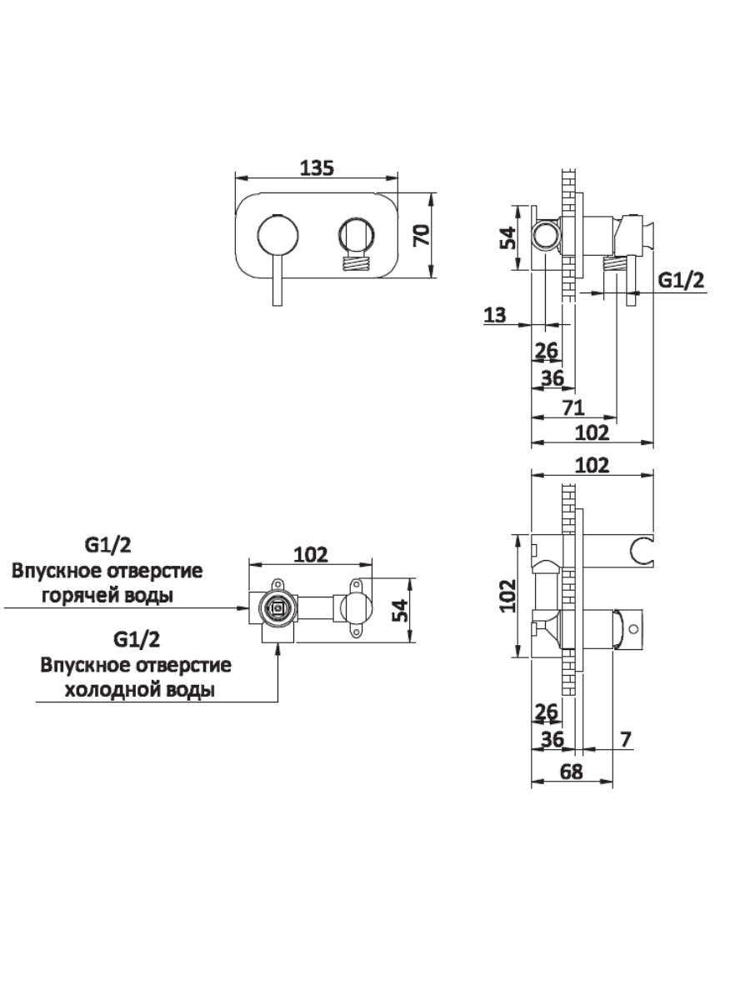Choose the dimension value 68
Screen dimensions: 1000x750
click(x=571, y=772)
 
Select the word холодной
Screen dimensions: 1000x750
click(x=107, y=690)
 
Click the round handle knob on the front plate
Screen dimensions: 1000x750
click(x=275, y=236)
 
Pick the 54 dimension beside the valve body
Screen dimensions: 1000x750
click(x=401, y=610)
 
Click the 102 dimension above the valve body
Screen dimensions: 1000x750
click(x=311, y=553)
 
